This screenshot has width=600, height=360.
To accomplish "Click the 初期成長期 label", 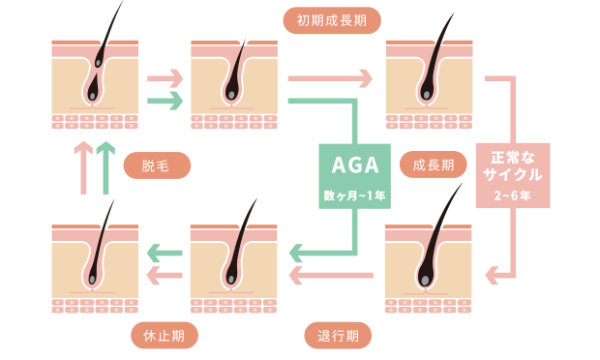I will (x=332, y=19).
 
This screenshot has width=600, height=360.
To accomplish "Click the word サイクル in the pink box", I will (x=512, y=174).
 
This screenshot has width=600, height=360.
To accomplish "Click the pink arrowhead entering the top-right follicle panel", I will (x=367, y=75).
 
